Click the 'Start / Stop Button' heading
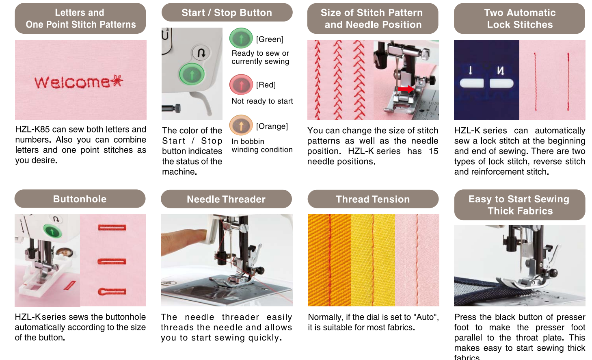coord(227,13)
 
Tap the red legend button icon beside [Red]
coord(241,85)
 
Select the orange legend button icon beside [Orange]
coord(241,126)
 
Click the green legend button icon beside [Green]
coord(241,38)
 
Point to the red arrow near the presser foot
coord(406,89)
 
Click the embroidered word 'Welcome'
coord(72,82)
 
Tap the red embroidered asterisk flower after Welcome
coord(117,81)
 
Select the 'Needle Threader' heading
coord(226,199)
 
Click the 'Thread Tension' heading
coord(373,199)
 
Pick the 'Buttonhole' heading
coord(80,199)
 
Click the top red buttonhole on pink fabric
coord(112,228)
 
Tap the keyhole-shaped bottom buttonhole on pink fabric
coord(112,291)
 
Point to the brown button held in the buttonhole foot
coord(64,252)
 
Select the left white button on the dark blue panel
coord(472,83)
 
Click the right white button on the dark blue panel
coord(501,83)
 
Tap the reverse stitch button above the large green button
coord(201,53)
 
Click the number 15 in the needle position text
coord(433,151)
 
